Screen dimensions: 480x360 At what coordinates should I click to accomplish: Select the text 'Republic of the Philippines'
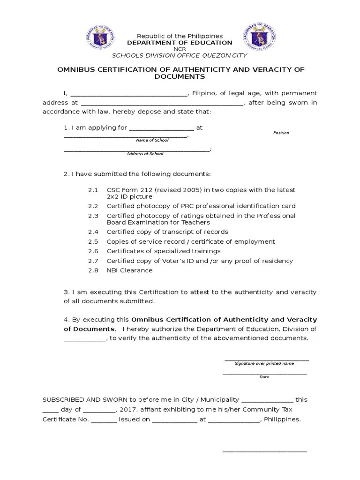point(180,36)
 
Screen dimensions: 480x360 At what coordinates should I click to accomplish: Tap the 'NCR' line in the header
point(180,49)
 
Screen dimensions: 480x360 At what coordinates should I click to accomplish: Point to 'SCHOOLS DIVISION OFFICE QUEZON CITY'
point(180,54)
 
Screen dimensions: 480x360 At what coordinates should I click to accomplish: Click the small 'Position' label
point(281,133)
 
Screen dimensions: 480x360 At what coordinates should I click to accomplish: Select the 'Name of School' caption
point(152,140)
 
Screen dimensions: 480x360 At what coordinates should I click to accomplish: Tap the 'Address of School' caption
point(145,154)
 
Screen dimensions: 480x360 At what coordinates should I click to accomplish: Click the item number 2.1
point(93,190)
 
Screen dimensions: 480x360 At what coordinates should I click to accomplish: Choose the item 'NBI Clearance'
point(129,270)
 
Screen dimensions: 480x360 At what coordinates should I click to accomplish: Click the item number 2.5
point(93,241)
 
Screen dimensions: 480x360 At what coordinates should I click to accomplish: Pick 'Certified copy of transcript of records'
point(167,232)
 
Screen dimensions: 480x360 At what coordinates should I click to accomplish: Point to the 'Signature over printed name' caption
point(264,363)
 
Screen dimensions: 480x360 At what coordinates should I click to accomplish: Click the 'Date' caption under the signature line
point(264,377)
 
